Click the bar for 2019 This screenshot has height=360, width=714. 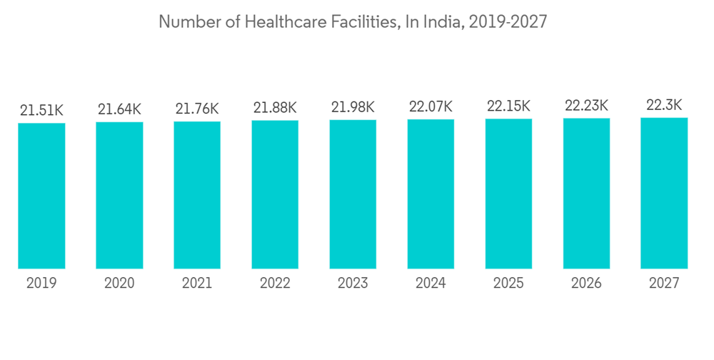coord(41,196)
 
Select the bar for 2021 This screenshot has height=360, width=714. coord(197,195)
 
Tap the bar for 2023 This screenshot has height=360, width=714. coord(353,194)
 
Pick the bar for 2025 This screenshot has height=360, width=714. coord(508,194)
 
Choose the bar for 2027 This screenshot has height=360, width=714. coord(664,193)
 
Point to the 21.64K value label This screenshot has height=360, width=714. coord(119,109)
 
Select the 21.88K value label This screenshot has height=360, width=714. coord(275,108)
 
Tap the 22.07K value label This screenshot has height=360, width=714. coord(431,106)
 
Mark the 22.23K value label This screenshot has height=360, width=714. coord(586,106)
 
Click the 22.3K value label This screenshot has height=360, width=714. coord(664,105)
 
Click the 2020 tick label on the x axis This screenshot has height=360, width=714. coord(119,284)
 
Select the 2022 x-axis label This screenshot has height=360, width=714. coord(275,284)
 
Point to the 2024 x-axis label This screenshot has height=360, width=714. coord(431,284)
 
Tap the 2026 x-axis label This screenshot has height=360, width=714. coord(586,284)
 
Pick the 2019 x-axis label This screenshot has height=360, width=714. coord(41,284)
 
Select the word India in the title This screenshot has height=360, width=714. coord(443,22)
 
